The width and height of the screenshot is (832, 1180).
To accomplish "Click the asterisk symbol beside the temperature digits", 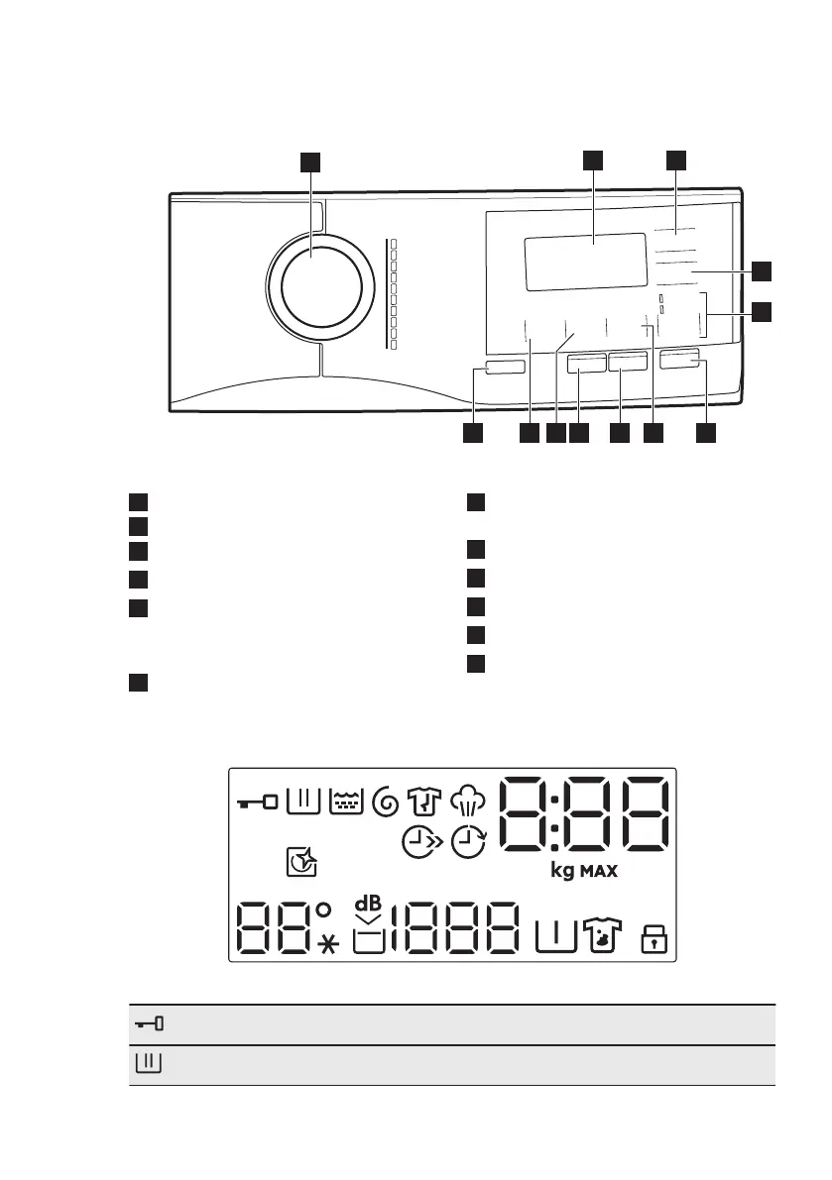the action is pyautogui.click(x=328, y=945).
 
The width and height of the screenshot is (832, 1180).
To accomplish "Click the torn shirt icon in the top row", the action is pyautogui.click(x=424, y=801).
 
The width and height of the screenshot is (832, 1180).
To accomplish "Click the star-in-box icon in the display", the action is pyautogui.click(x=303, y=863).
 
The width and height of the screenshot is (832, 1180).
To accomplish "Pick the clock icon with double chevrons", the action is pyautogui.click(x=419, y=843).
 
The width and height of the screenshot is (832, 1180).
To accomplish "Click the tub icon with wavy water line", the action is pyautogui.click(x=343, y=802).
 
